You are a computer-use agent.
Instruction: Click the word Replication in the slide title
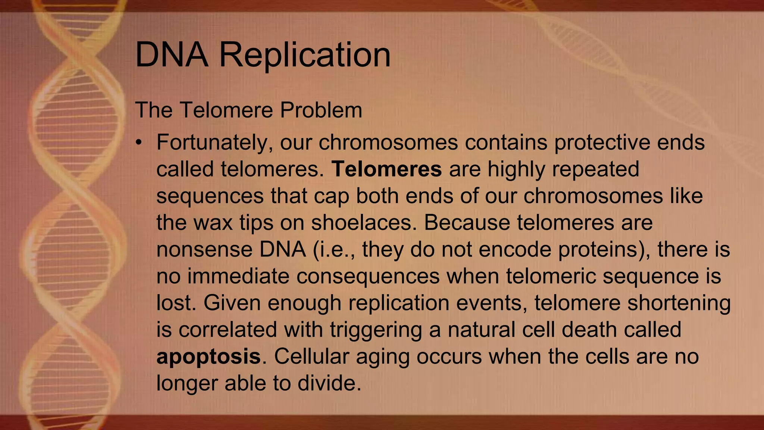(x=305, y=55)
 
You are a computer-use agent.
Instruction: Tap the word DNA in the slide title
(x=172, y=55)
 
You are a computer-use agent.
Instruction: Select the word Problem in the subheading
(x=321, y=110)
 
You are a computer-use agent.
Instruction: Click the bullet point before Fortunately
(x=139, y=143)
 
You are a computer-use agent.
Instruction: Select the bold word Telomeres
(x=387, y=169)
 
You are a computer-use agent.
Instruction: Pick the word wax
(x=213, y=223)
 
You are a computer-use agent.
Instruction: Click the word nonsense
(x=204, y=249)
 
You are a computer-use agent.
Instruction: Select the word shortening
(x=679, y=303)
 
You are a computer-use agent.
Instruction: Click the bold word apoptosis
(x=209, y=357)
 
